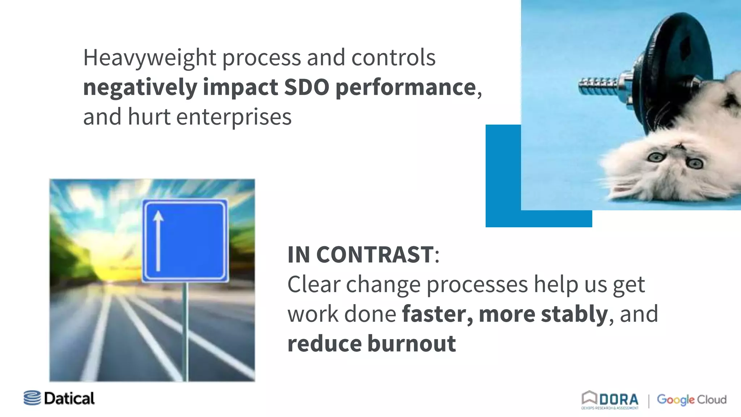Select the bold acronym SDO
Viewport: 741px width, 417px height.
306,87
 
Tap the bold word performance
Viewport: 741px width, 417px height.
406,88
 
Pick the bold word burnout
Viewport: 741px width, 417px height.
411,344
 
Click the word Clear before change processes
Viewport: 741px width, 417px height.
314,285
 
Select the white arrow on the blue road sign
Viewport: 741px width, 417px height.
158,241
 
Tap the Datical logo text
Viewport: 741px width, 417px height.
69,399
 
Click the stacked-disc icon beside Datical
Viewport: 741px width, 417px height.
32,398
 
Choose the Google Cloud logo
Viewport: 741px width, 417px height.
691,400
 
